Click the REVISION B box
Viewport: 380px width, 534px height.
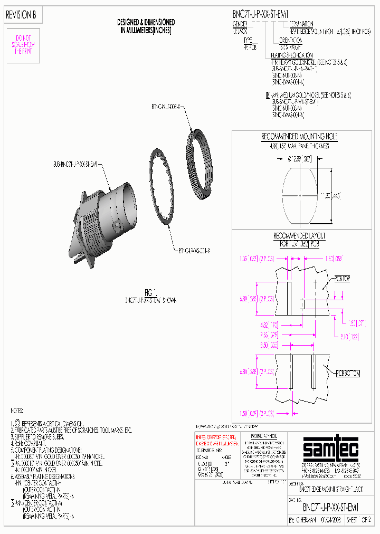[x=21, y=16]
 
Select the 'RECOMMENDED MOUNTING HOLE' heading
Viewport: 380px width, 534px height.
[x=299, y=137]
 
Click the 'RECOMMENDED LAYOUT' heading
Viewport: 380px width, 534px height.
[x=299, y=235]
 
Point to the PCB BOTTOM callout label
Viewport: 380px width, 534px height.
[x=349, y=373]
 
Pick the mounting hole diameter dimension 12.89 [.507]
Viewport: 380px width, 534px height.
[x=300, y=158]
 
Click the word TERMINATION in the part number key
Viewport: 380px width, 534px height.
[x=301, y=24]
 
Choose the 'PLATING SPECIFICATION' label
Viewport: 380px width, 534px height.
[x=291, y=55]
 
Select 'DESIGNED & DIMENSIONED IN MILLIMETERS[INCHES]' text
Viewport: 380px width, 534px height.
[x=146, y=26]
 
